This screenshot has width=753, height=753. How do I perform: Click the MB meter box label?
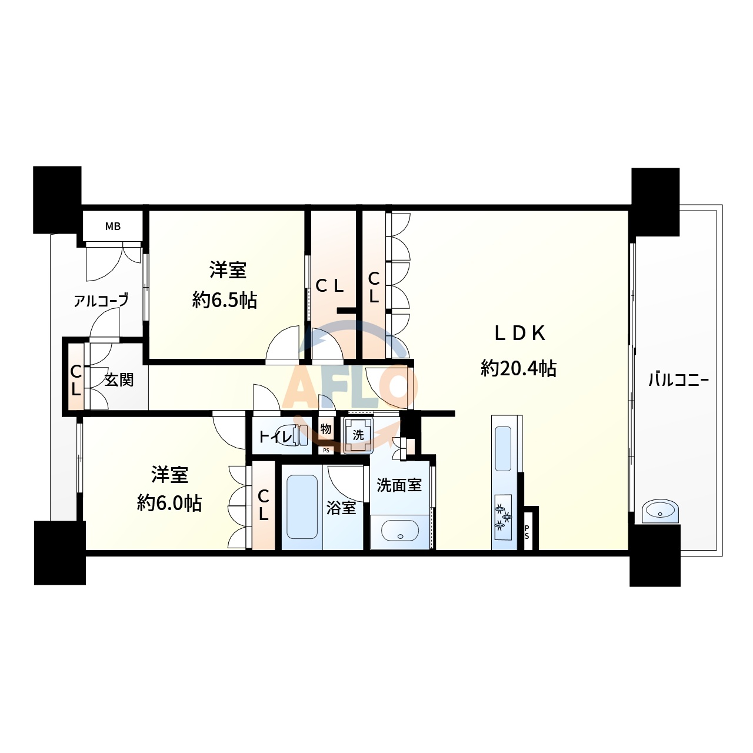coord(113,226)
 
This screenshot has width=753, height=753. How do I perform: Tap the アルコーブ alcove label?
coord(101,301)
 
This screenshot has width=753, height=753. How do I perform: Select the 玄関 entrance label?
coord(119,380)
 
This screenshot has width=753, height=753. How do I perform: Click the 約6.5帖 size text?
coord(225,301)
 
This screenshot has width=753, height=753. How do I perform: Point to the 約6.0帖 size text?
coord(169,504)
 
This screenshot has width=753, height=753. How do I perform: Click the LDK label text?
coord(519,334)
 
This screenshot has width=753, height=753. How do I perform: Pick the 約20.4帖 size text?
coord(518,369)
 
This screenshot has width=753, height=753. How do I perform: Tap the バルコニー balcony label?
coord(678,380)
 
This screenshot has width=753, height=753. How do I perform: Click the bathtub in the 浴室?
coord(302,507)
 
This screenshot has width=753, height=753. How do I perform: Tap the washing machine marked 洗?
coord(358,436)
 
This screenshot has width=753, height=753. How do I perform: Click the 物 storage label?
coord(326,429)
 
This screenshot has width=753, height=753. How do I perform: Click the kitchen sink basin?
coord(503,448)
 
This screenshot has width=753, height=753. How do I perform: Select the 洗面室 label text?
coord(399,485)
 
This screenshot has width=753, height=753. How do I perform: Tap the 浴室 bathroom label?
coord(341,508)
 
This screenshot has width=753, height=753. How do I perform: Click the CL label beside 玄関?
coord(76,381)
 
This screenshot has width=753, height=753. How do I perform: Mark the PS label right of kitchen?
coord(527,532)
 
